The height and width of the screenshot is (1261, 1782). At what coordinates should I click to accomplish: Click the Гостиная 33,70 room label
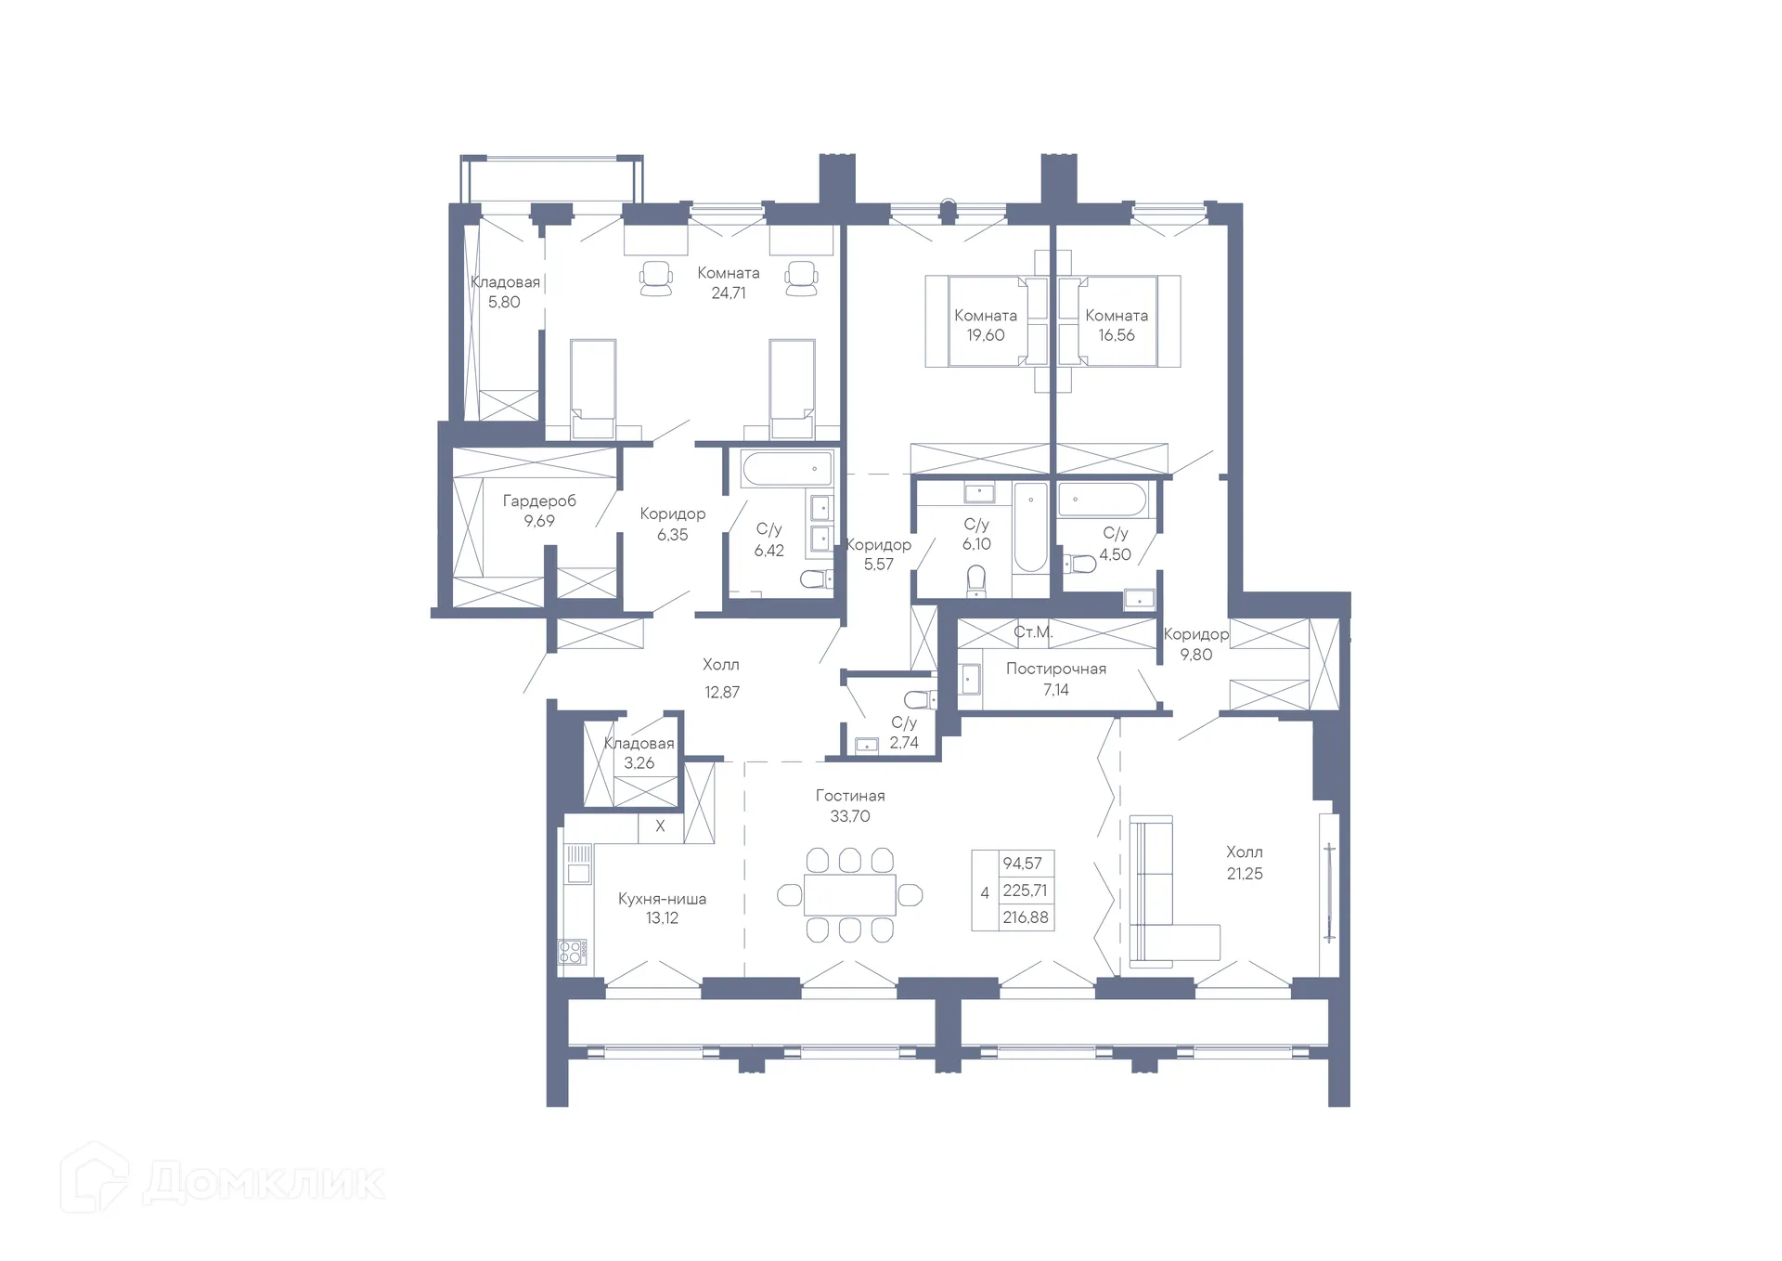849,805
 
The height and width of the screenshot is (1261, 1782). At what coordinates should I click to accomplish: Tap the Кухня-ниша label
662,898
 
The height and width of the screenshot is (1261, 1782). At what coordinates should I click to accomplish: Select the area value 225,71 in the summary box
1025,890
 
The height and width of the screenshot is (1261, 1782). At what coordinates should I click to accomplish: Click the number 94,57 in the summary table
1022,863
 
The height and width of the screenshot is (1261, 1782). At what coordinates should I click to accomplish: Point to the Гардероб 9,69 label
539,510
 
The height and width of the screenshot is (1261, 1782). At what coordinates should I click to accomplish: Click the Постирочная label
1055,669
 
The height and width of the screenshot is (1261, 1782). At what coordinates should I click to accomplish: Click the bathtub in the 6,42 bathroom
786,468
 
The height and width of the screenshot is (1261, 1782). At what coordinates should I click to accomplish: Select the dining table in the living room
849,894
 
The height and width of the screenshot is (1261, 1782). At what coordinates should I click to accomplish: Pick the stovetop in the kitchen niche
572,951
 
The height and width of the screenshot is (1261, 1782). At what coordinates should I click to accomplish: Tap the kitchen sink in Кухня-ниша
578,873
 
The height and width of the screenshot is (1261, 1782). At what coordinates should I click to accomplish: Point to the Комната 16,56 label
1116,325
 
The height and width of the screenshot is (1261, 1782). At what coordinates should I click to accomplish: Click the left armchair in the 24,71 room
656,278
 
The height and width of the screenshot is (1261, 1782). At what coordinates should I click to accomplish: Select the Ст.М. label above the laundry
1032,632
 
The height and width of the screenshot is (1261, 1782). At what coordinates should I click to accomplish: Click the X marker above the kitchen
660,825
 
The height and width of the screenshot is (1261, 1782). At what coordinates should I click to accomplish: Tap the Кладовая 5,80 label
505,292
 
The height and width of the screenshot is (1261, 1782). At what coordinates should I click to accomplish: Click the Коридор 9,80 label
1195,643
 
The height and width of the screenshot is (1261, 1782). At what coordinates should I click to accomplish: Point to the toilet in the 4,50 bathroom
1080,563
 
